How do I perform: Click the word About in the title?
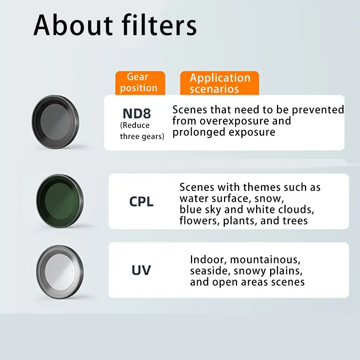73,25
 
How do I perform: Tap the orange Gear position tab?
140,83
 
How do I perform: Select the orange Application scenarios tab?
219,83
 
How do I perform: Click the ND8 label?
137,113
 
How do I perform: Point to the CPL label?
141,202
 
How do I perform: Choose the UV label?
141,270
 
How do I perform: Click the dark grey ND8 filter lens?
55,122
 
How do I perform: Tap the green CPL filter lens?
60,201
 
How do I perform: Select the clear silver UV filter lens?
60,272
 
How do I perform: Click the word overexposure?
234,121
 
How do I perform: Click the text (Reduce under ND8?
135,126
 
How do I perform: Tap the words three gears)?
142,136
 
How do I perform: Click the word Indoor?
209,260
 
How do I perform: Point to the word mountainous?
265,260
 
